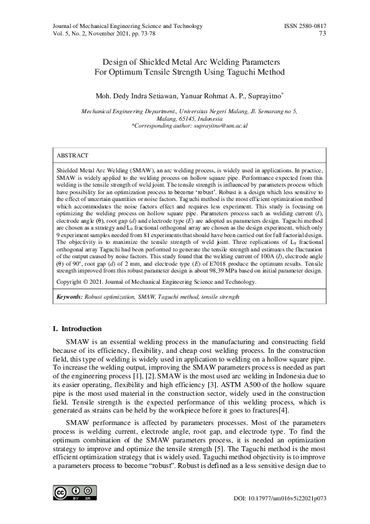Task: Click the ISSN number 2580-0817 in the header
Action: point(305,26)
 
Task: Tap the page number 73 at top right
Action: point(323,34)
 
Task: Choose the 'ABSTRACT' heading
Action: point(72,155)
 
